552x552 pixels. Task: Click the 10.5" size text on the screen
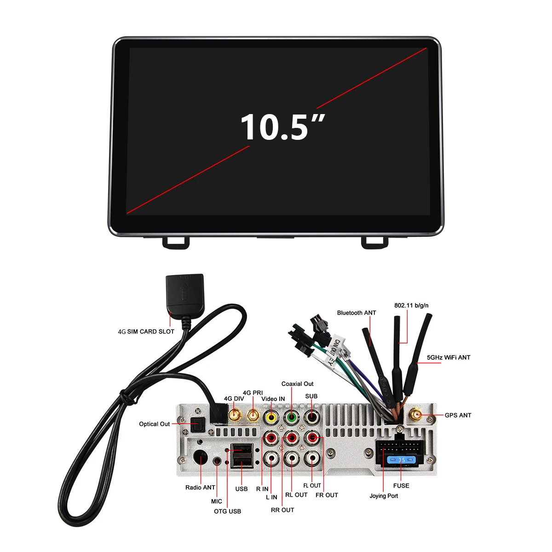point(282,127)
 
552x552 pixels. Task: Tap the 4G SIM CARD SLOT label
point(146,331)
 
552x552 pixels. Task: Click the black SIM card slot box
point(184,294)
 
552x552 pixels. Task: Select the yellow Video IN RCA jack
point(271,417)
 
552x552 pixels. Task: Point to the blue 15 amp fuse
point(401,460)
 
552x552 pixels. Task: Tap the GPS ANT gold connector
point(416,415)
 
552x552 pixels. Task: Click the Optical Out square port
point(198,424)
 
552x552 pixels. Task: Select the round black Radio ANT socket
point(201,458)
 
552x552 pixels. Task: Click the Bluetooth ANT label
point(356,313)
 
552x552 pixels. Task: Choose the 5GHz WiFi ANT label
point(448,357)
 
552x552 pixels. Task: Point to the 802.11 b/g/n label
point(411,305)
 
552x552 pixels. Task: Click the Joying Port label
point(384,496)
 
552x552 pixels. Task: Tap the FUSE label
point(401,486)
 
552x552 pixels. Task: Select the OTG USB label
point(227,511)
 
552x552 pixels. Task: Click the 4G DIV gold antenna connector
point(235,415)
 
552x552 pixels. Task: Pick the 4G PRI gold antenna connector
point(253,415)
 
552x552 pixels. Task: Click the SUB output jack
point(312,417)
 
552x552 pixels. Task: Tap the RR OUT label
point(282,510)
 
